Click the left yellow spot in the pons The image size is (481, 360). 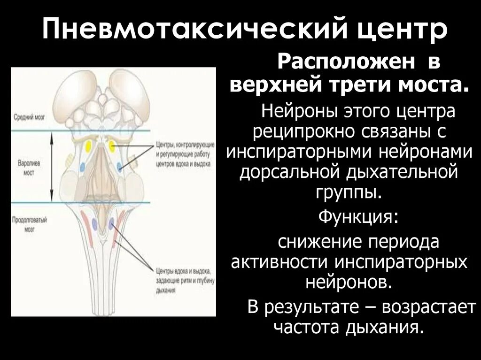tap(88, 147)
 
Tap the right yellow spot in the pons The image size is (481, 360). tap(113, 146)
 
